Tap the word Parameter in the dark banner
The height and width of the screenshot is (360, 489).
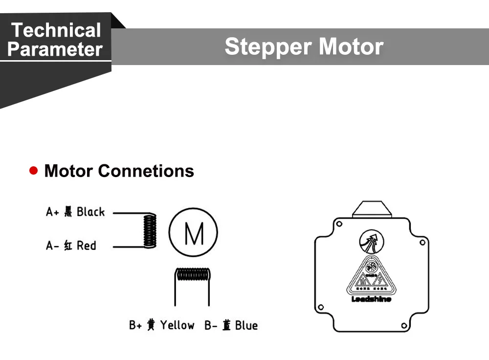pyautogui.click(x=55, y=49)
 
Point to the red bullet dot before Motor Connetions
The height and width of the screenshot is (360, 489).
pyautogui.click(x=34, y=170)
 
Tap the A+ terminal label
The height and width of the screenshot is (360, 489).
pyautogui.click(x=52, y=212)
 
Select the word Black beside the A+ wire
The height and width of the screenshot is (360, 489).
pyautogui.click(x=90, y=212)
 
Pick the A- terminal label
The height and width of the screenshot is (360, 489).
pyautogui.click(x=52, y=246)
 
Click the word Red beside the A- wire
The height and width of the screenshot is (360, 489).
pyautogui.click(x=86, y=246)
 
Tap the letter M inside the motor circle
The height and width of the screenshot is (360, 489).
pyautogui.click(x=194, y=234)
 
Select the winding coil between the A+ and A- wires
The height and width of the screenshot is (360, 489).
pyautogui.click(x=150, y=230)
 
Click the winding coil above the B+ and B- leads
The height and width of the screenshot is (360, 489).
pyautogui.click(x=193, y=274)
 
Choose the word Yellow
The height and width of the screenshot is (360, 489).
pyautogui.click(x=177, y=325)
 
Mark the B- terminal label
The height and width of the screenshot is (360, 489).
pyautogui.click(x=211, y=325)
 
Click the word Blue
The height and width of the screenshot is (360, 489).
pyautogui.click(x=246, y=325)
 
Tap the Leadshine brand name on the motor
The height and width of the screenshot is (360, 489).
pyautogui.click(x=371, y=299)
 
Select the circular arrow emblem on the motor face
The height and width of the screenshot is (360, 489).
pyautogui.click(x=372, y=241)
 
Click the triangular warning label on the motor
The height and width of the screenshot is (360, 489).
pyautogui.click(x=371, y=276)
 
